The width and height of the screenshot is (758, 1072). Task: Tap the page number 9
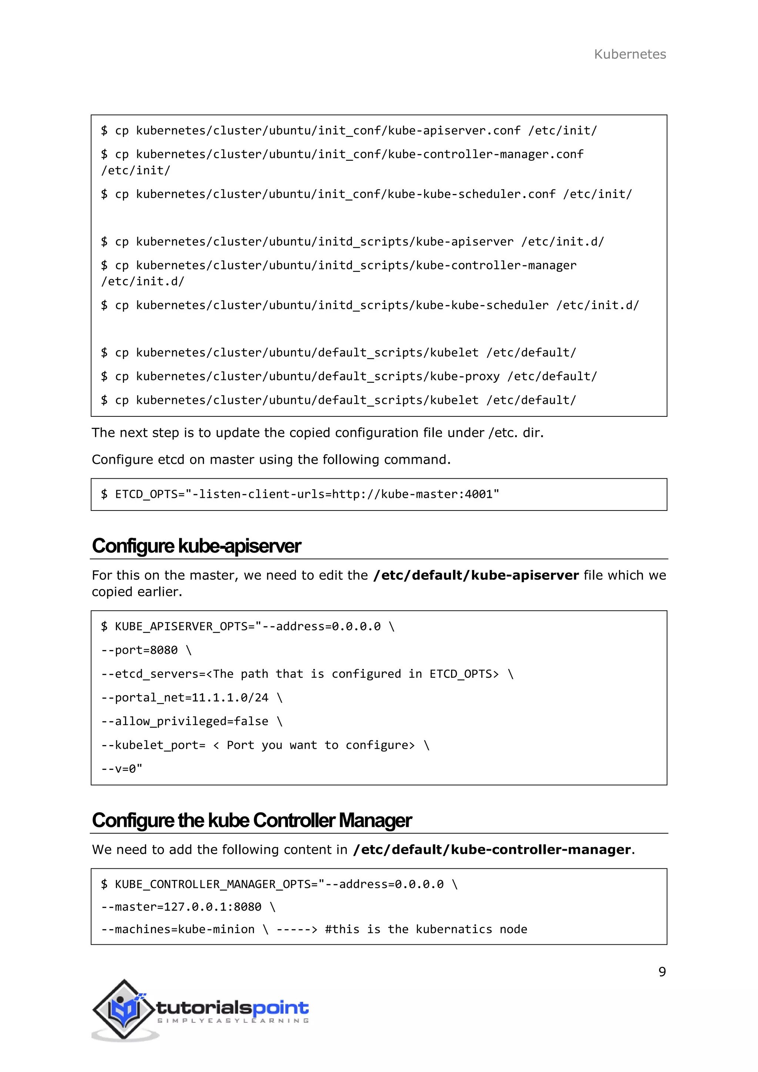coord(661,972)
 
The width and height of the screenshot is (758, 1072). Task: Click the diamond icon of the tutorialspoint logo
coord(123,1010)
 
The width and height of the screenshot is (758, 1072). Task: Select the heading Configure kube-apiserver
coord(196,546)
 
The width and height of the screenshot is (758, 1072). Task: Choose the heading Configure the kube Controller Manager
coord(252,820)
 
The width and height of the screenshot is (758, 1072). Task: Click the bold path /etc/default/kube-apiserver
coord(476,575)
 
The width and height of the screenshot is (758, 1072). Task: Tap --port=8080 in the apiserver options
coord(140,650)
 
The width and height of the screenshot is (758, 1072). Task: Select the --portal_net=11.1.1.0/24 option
coord(185,697)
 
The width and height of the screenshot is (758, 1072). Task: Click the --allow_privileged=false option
coord(185,721)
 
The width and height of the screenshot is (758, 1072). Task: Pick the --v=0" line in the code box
coord(122,768)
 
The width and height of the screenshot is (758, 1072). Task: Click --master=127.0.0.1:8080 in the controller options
coord(181,907)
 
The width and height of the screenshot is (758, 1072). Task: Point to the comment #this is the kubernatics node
coord(426,929)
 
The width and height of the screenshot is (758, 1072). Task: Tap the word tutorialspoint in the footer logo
coord(232,1008)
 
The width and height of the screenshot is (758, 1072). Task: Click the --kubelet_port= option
coord(154,745)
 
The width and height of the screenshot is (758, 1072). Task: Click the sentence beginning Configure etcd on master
coord(271,459)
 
